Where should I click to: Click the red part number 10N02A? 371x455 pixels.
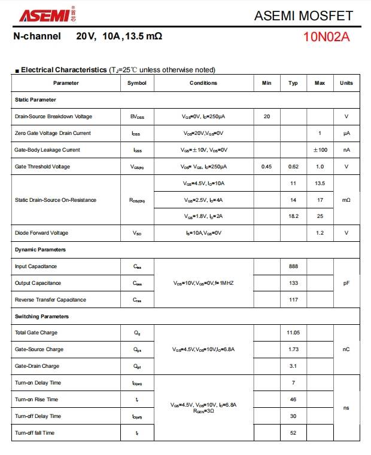click(x=326, y=38)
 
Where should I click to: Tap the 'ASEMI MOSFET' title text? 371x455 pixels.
click(x=303, y=16)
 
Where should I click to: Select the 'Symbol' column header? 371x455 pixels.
click(x=137, y=83)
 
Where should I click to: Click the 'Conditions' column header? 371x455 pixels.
click(x=203, y=83)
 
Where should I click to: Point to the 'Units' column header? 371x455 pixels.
click(x=346, y=83)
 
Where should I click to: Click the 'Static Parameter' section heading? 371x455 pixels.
click(x=35, y=100)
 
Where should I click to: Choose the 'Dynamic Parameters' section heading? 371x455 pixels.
click(x=40, y=250)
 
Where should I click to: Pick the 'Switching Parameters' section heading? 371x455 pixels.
click(x=42, y=316)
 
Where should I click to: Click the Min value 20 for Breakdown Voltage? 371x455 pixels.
click(x=267, y=116)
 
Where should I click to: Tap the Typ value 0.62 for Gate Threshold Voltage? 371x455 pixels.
click(x=293, y=167)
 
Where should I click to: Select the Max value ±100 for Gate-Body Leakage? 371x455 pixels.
click(x=320, y=150)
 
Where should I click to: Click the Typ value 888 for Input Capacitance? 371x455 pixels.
click(x=293, y=266)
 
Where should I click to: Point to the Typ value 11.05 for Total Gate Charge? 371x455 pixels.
click(x=293, y=333)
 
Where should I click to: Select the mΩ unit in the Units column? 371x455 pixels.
click(x=346, y=200)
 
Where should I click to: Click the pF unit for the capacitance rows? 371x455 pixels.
click(x=346, y=283)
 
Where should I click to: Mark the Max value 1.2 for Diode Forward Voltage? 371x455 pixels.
click(x=320, y=233)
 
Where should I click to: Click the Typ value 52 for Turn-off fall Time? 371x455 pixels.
click(x=293, y=433)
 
